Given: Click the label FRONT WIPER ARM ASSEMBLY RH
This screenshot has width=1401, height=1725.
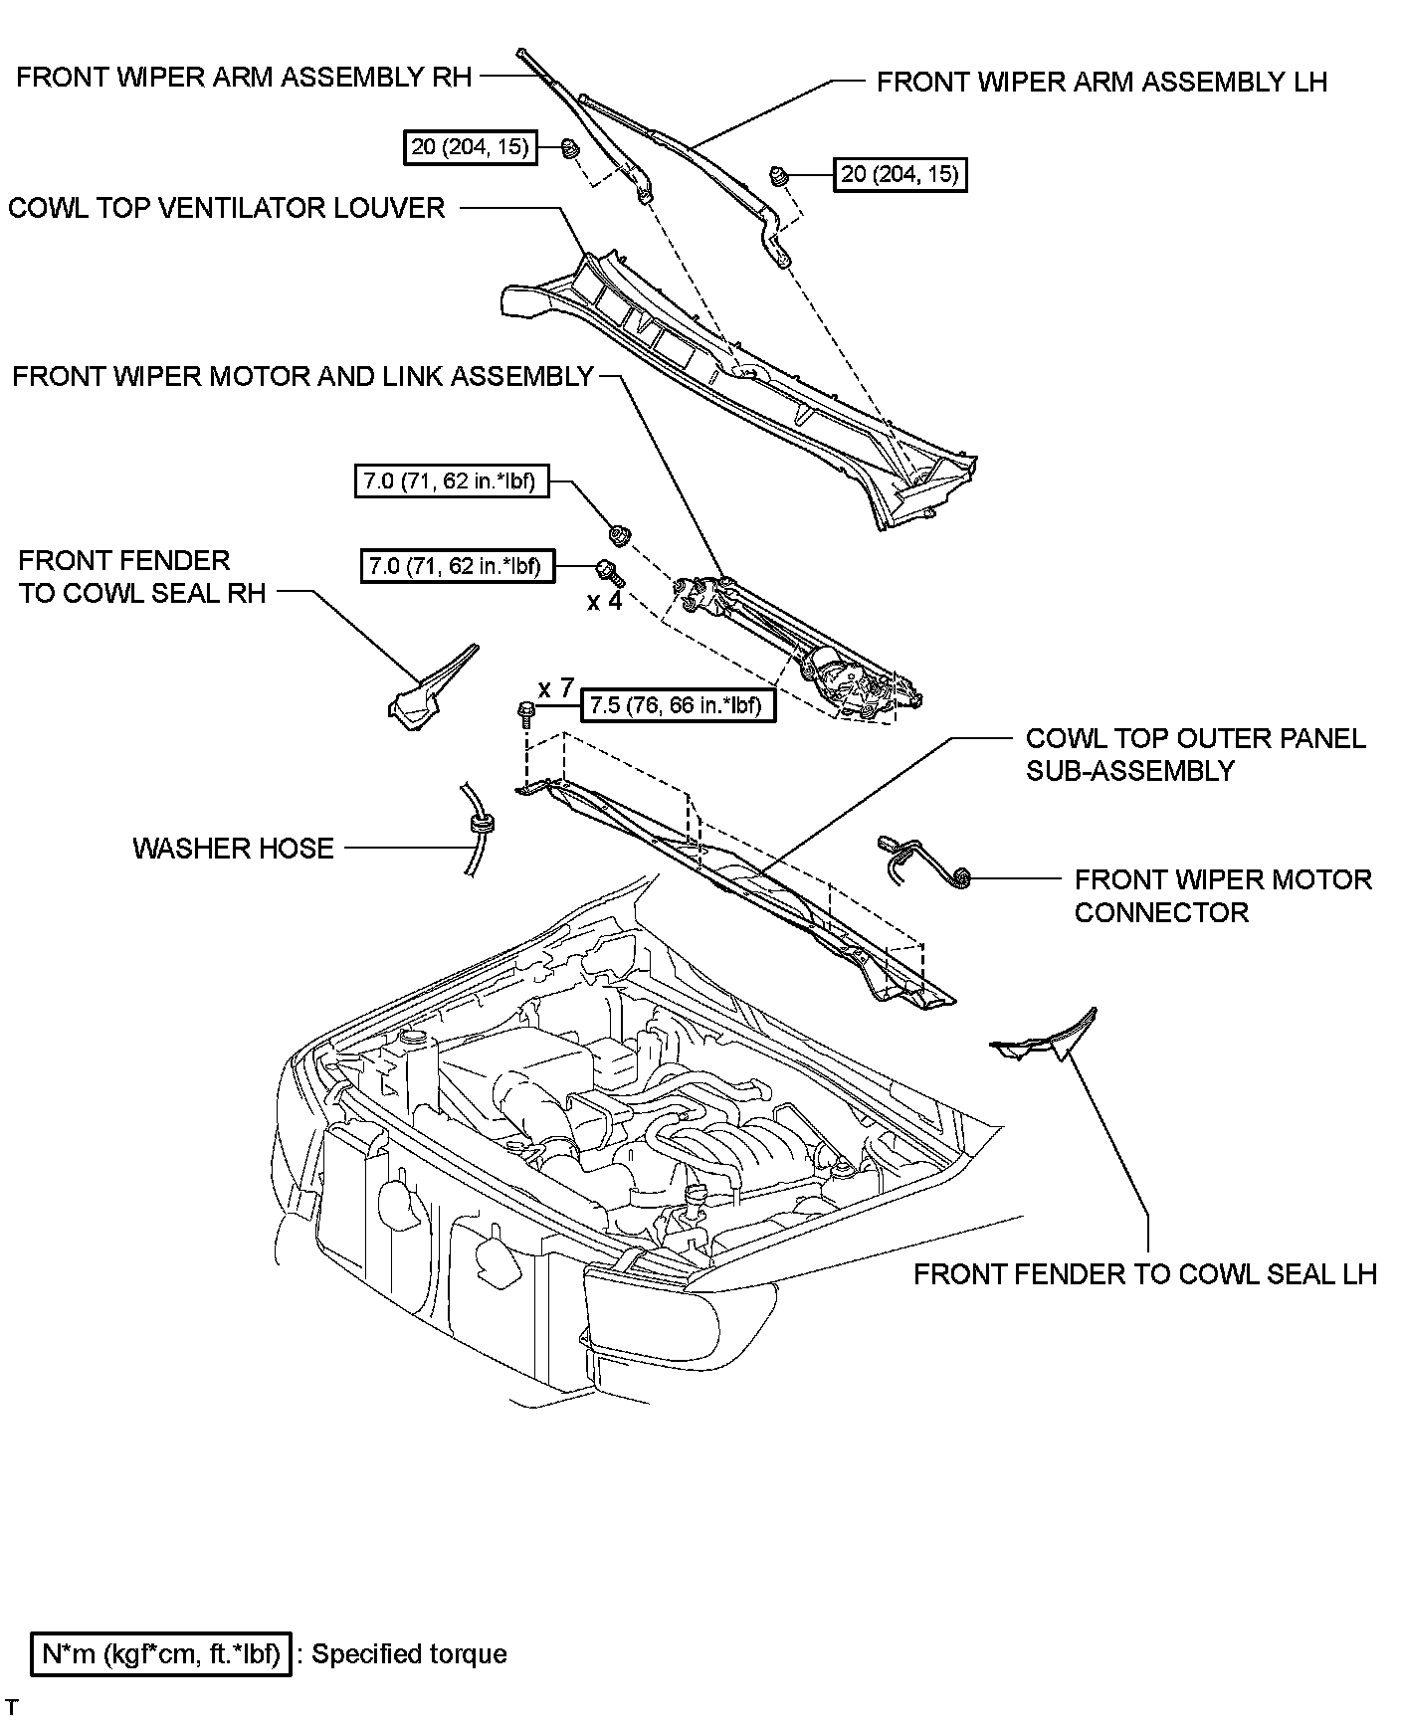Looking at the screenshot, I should pos(244,78).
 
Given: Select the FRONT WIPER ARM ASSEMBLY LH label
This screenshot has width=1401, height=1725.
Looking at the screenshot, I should pos(1101,82).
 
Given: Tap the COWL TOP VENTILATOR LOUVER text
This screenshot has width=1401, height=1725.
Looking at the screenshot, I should pos(227,208).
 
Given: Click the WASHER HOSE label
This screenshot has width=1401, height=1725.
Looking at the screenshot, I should pos(234,849).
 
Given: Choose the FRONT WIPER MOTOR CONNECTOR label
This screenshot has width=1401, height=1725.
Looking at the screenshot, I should pos(1223,895).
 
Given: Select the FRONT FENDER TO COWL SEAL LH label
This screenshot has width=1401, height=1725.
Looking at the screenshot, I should pos(1145,1274).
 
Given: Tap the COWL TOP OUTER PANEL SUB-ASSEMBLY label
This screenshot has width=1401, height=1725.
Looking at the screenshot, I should pos(1195,754).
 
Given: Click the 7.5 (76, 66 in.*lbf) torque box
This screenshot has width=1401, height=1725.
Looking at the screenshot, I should pos(677,706).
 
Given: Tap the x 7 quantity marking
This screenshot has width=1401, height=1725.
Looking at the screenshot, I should pos(556,687).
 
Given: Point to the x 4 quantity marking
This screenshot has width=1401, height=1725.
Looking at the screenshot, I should pos(604,602).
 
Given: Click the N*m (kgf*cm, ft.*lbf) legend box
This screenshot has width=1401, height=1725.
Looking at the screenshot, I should pos(161,1654).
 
